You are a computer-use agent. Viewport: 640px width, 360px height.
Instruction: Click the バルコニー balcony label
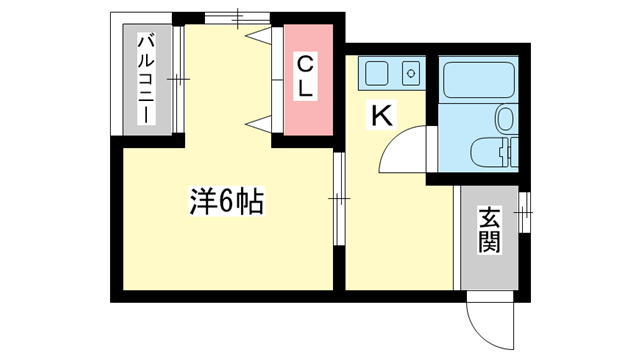tap(145, 79)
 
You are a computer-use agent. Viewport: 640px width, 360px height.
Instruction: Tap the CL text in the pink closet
tap(305, 76)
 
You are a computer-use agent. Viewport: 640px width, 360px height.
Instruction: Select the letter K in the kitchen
tap(381, 116)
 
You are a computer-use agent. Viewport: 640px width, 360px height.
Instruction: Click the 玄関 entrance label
tap(489, 229)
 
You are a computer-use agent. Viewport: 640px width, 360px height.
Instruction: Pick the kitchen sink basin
tap(378, 73)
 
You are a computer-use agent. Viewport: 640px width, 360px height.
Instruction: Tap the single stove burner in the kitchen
tap(409, 72)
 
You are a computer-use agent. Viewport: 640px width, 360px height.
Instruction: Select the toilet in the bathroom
tap(486, 153)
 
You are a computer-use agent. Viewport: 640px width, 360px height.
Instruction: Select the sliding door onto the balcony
tap(178, 79)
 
